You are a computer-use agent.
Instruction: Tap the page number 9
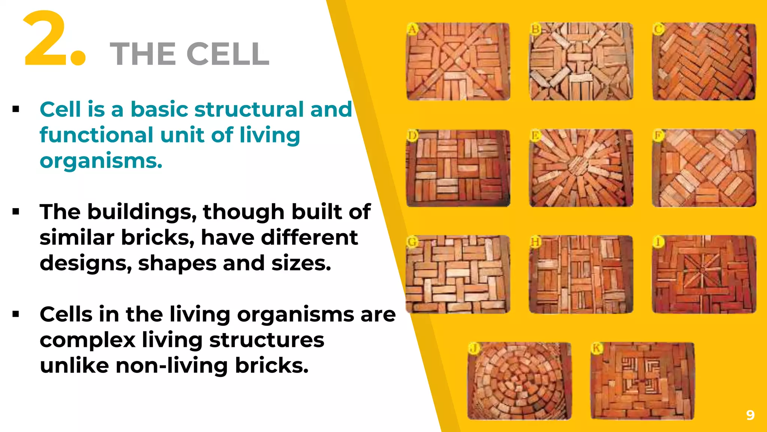click(750, 415)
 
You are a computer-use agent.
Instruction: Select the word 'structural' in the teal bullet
click(249, 109)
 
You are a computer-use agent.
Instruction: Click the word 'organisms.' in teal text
click(101, 161)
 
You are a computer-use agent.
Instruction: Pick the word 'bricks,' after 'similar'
click(158, 238)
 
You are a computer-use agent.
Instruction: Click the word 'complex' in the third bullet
click(88, 340)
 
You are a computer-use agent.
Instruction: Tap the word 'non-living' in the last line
click(172, 366)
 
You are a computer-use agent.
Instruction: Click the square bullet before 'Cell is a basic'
click(16, 109)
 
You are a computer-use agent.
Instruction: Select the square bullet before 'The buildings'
click(16, 212)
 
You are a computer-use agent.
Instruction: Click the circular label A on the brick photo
click(412, 29)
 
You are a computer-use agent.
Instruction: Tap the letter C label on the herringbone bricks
click(658, 29)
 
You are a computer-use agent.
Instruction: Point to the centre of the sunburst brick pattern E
click(579, 165)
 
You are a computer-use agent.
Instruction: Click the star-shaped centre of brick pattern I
click(703, 269)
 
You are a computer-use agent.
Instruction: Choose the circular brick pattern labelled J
click(519, 381)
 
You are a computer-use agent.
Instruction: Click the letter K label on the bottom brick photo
click(596, 348)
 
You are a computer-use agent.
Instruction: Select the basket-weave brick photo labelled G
click(458, 274)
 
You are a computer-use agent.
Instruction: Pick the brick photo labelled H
click(581, 274)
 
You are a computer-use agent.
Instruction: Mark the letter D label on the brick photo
click(412, 135)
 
